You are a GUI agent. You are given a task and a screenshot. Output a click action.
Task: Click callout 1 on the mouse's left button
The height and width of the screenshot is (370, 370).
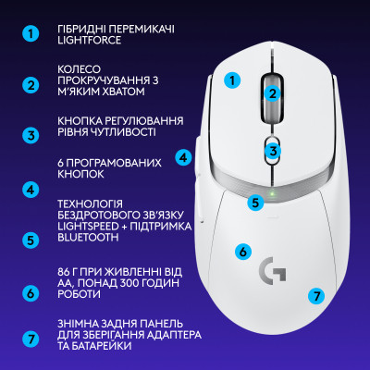tap(233, 80)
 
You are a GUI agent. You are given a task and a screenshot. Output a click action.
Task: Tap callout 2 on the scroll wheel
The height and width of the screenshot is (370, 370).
tap(272, 92)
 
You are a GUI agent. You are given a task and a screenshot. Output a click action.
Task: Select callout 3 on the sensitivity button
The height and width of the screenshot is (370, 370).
tap(272, 151)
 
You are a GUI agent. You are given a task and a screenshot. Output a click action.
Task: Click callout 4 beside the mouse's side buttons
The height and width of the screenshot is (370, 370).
tap(184, 157)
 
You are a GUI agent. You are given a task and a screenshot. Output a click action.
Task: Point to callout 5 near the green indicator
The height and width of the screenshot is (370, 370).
tap(255, 200)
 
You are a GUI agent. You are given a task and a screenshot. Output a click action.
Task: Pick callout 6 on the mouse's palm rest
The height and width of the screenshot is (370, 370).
tap(242, 251)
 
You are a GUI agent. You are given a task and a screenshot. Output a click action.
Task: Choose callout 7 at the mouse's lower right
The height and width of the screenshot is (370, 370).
tap(316, 296)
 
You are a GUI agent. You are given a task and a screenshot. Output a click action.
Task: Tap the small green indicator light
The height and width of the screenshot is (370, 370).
tap(271, 195)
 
